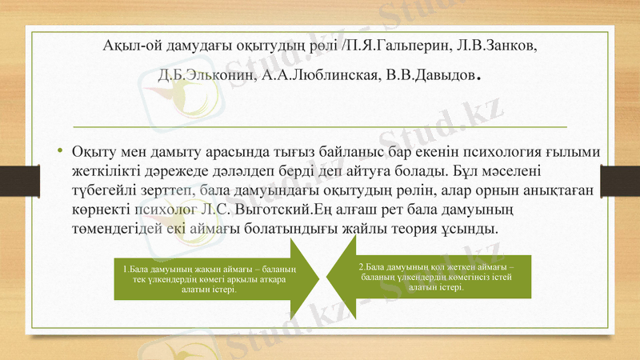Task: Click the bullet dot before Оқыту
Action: click(x=60, y=153)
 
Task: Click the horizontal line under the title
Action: click(x=320, y=126)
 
